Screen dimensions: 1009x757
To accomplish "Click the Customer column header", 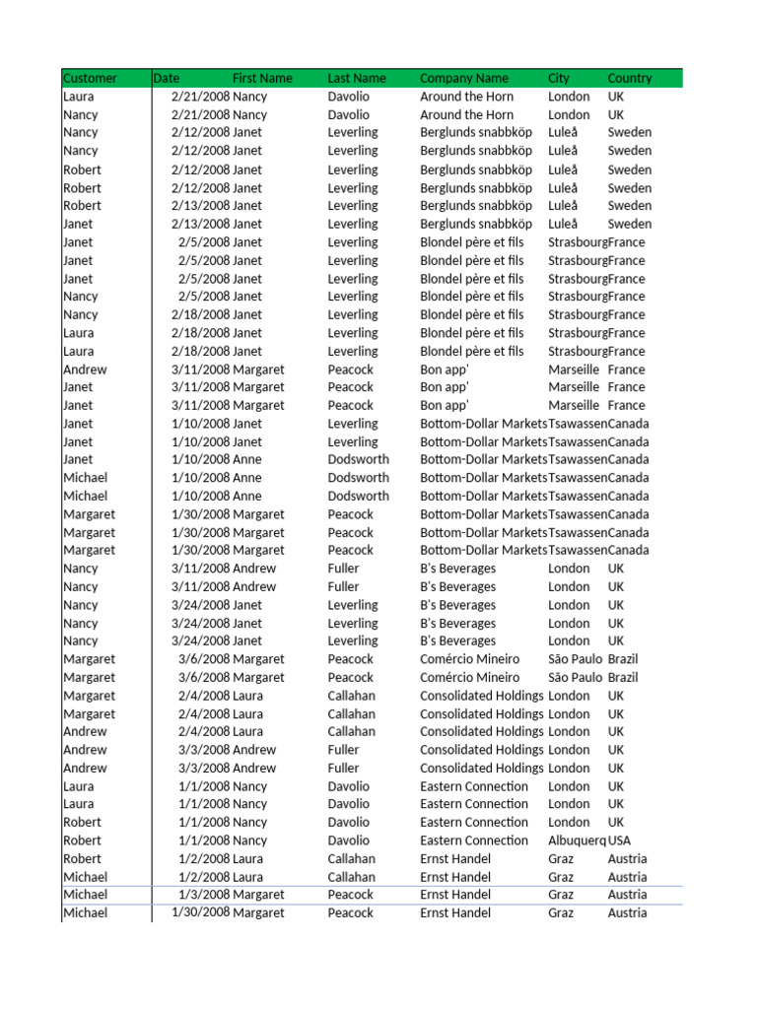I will tap(90, 78).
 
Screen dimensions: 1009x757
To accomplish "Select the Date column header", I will tap(167, 78).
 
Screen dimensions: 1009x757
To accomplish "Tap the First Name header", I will tap(262, 78).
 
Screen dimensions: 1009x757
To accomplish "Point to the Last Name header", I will tap(357, 78).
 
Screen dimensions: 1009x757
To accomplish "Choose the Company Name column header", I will tap(464, 78).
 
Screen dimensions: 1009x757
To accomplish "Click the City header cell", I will tap(559, 78).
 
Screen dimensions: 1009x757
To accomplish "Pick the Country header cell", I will tap(630, 78).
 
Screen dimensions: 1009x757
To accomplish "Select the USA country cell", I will tap(620, 841).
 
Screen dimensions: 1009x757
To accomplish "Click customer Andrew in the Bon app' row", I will tap(85, 370).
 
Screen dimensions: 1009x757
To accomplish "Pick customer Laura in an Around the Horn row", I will tap(79, 97).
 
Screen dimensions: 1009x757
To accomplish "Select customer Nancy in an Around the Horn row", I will tap(81, 114).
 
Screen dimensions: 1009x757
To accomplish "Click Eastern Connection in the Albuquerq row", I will tap(474, 841).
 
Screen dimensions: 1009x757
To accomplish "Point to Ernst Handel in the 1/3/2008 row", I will tap(455, 895).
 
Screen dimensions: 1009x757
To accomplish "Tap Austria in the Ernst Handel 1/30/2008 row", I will tap(628, 912).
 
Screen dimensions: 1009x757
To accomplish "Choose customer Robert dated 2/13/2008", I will tap(82, 206).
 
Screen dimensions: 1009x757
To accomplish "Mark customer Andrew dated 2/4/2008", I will tap(85, 731).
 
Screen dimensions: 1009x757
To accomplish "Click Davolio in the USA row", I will tap(349, 841).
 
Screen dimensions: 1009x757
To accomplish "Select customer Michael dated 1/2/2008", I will tap(86, 877).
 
